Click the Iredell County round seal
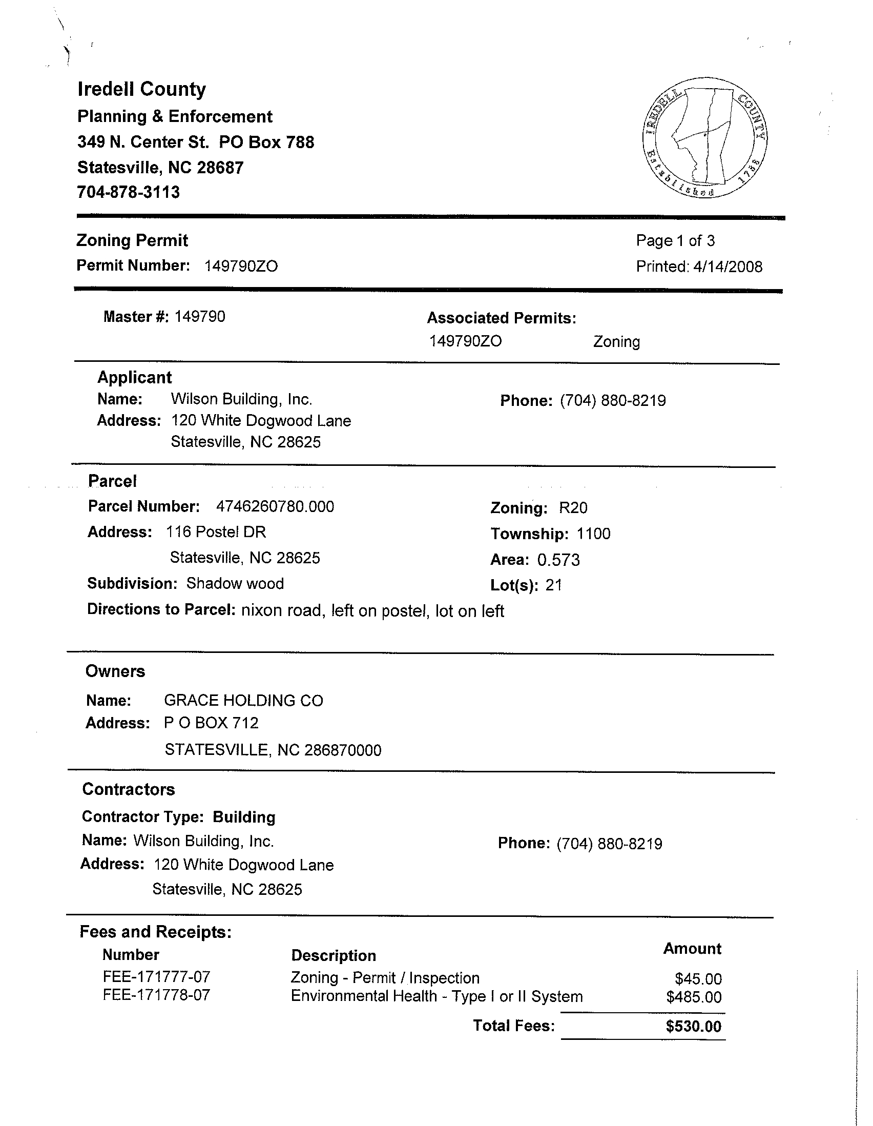point(705,138)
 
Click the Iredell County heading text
point(142,89)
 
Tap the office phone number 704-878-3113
point(128,192)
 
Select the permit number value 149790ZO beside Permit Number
point(241,266)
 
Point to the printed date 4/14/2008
point(727,267)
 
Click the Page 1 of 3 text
point(675,240)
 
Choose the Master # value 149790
point(200,317)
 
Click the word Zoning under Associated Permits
point(616,342)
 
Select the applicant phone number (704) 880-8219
point(613,401)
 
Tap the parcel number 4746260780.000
point(275,506)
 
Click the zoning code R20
point(573,508)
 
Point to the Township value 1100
point(593,534)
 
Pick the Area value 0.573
point(558,560)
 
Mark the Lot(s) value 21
point(553,585)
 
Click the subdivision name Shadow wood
point(235,584)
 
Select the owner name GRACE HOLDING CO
point(243,701)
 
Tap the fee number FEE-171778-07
point(156,994)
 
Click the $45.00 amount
point(698,978)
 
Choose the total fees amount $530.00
point(693,1026)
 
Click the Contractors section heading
point(128,789)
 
